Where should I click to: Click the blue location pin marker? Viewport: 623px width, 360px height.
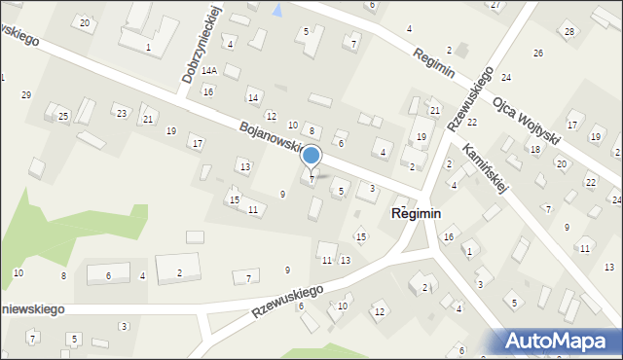(x=311, y=156)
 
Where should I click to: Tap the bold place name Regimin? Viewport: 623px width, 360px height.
(x=417, y=213)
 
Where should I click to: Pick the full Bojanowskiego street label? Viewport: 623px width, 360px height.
(x=281, y=142)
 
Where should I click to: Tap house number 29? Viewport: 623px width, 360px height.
(x=26, y=94)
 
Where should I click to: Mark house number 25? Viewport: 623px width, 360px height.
(x=63, y=117)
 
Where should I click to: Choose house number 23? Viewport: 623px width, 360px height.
(x=121, y=114)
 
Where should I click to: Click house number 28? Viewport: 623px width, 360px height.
(x=569, y=32)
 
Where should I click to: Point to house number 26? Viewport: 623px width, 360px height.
(x=538, y=53)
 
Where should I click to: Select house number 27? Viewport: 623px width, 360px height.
(x=495, y=5)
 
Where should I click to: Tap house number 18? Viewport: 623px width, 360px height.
(x=534, y=149)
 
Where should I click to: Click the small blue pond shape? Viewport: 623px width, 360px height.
(x=278, y=11)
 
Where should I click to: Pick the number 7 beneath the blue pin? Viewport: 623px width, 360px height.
(x=311, y=179)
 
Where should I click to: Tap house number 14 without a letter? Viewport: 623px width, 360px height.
(x=253, y=97)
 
